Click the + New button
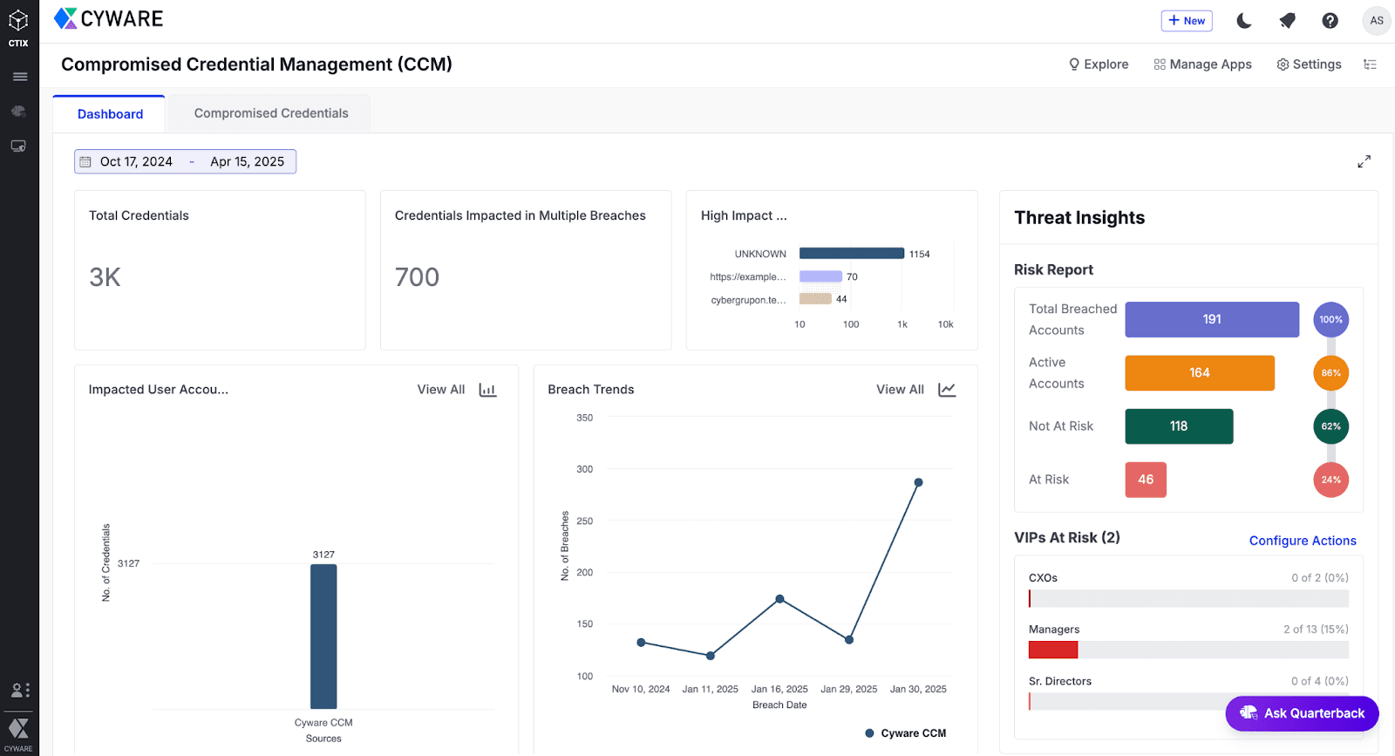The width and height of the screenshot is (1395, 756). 1187,21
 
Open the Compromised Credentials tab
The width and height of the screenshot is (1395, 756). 271,113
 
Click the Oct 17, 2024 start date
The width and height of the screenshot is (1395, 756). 136,161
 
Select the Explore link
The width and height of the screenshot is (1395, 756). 1099,65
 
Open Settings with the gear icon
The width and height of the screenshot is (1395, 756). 1309,65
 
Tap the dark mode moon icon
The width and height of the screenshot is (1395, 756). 1244,21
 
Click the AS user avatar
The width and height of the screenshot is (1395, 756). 1376,21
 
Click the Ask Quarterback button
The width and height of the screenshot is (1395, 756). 1302,713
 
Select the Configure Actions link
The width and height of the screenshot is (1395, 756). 1303,541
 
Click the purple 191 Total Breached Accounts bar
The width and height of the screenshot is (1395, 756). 1212,319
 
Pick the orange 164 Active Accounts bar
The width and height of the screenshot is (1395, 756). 1200,373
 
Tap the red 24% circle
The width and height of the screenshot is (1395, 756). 1330,480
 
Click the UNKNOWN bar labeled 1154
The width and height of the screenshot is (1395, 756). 851,254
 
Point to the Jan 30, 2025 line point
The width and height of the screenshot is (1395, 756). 918,482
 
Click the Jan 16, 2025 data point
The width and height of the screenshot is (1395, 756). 779,599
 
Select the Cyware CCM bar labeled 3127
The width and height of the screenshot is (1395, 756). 323,637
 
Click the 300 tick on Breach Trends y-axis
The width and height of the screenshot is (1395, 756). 584,469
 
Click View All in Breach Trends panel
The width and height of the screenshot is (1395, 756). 900,390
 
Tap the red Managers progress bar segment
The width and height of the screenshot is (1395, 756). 1053,650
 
